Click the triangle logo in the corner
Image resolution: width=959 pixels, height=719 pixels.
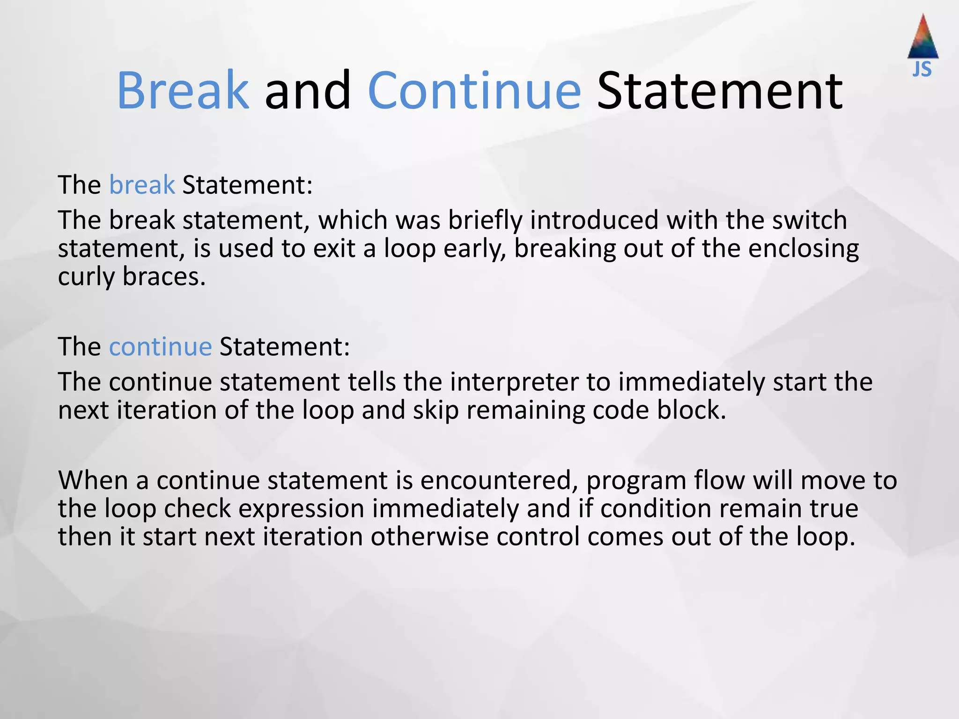click(x=922, y=37)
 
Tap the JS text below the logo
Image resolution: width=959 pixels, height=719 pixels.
click(x=922, y=70)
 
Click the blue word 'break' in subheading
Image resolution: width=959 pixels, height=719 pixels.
click(x=142, y=185)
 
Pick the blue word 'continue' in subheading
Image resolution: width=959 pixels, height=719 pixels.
click(x=161, y=347)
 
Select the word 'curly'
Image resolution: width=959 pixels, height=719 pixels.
click(x=86, y=277)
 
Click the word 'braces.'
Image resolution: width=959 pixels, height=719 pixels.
click(x=164, y=276)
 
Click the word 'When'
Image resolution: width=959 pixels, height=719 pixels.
click(x=93, y=480)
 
